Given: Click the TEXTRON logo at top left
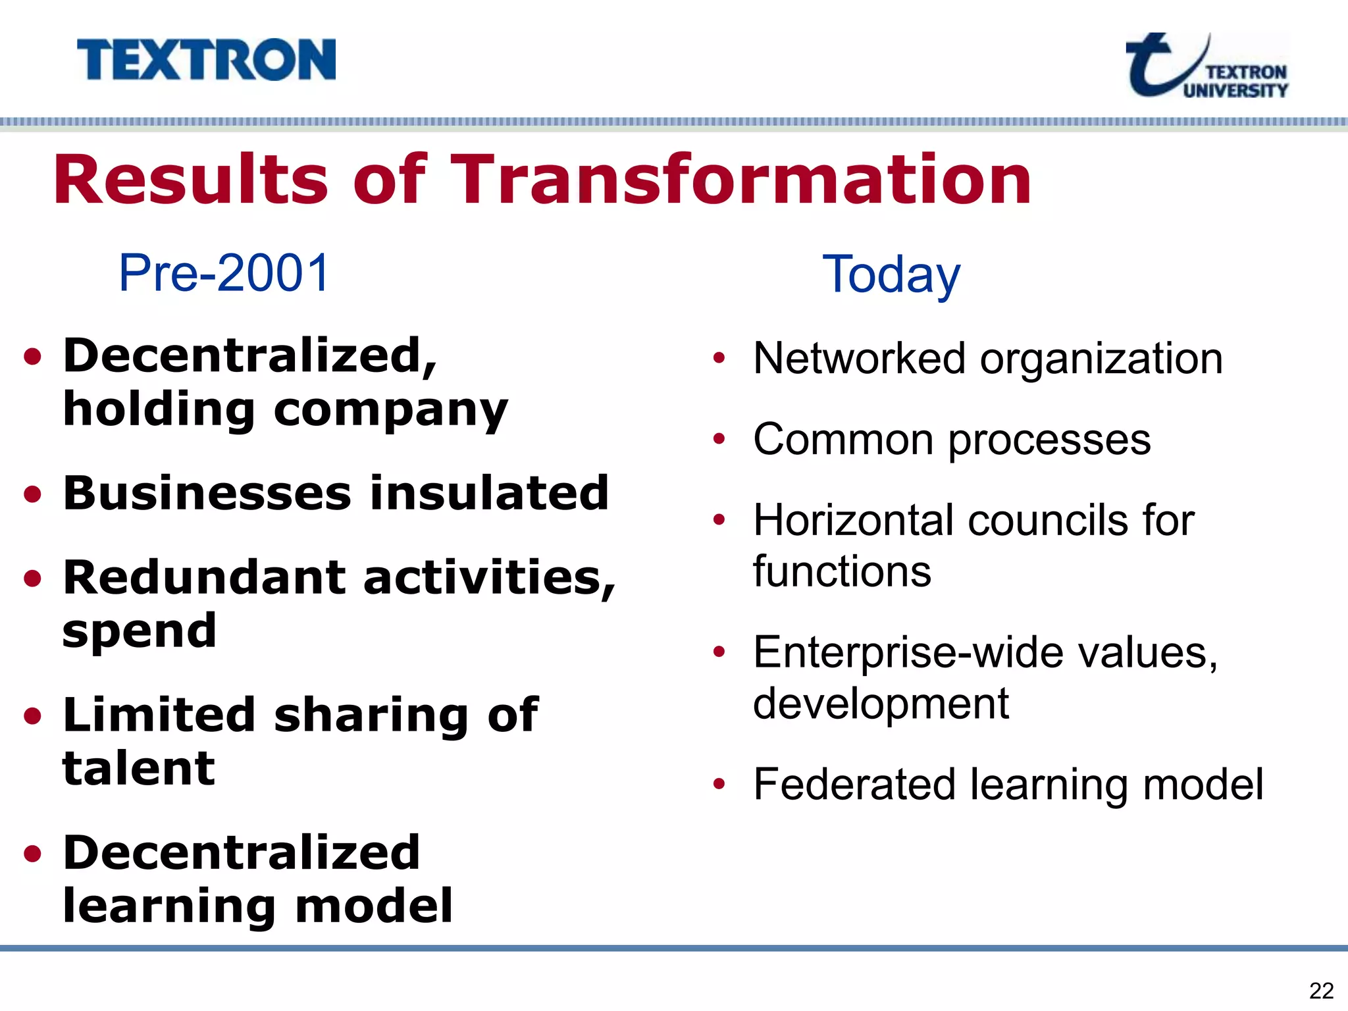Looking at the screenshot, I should click(x=206, y=60).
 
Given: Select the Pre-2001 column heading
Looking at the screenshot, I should click(x=224, y=273).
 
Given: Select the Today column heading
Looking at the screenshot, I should click(x=891, y=275).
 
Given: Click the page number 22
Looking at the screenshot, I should click(x=1321, y=991).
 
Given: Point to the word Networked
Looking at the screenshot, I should click(x=861, y=359).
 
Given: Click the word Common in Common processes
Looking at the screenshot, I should click(x=843, y=440).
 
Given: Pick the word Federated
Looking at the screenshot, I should click(x=854, y=785).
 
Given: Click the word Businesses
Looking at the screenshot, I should click(x=207, y=493).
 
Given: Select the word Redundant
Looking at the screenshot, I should click(x=204, y=577).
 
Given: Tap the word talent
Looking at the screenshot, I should click(x=138, y=768).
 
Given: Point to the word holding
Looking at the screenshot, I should click(x=159, y=409).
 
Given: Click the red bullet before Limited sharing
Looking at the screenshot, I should click(x=32, y=716).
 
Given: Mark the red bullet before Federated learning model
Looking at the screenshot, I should click(x=719, y=784).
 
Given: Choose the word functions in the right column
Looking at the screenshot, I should click(x=842, y=571).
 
